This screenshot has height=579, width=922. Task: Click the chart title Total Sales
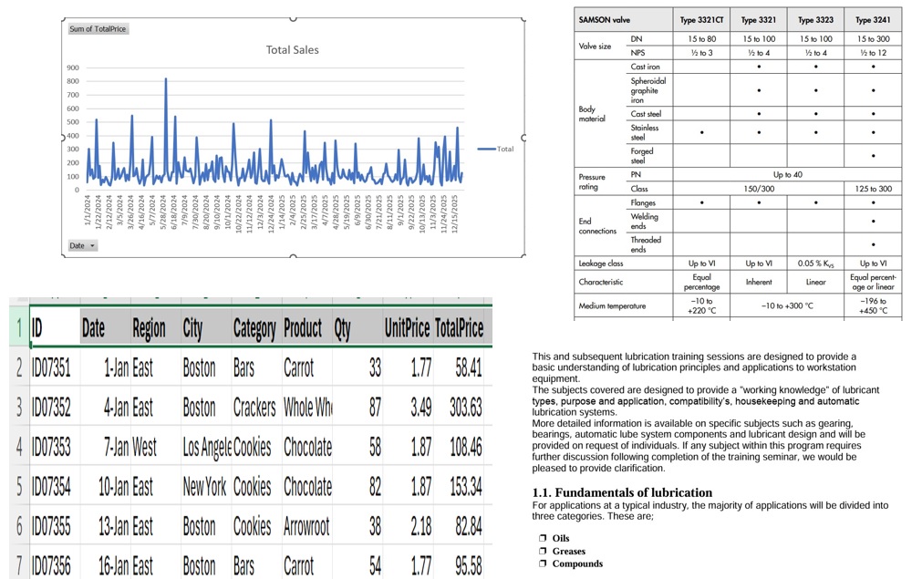pos(292,50)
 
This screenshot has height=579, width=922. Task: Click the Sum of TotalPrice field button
pos(98,29)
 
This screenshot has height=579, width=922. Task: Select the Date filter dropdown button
pos(82,245)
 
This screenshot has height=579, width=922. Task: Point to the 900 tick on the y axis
pos(72,67)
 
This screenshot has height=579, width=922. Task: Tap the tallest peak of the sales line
pos(165,79)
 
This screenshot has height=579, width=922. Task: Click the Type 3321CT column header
pos(701,19)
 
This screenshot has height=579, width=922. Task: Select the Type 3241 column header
pos(873,19)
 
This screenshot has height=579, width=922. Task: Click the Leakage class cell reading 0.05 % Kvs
pos(815,264)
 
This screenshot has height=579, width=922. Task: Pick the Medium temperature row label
pos(611,306)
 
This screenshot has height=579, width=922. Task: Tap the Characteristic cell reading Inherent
pos(759,283)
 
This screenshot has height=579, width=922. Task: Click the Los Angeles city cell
pos(207,447)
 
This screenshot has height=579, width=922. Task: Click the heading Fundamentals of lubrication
pos(622,493)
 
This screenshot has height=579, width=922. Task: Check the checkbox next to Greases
pos(542,551)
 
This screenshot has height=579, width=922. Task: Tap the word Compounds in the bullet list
pos(577,563)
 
